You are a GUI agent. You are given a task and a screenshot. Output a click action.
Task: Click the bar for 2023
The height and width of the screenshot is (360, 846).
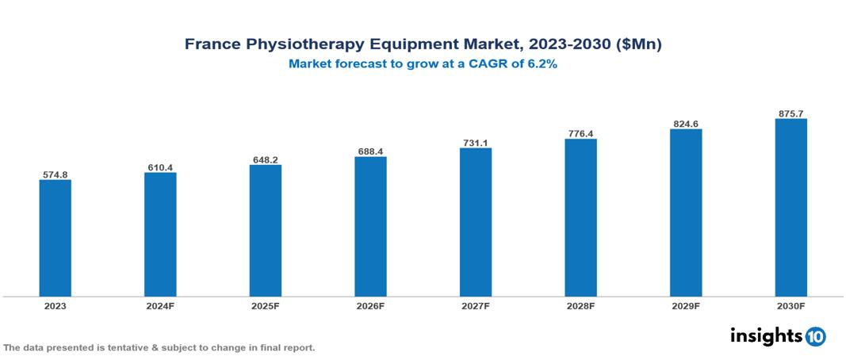point(55,238)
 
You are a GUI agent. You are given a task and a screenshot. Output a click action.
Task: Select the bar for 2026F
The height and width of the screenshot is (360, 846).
point(370,226)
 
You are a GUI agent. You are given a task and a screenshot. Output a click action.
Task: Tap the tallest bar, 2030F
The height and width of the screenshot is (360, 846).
point(790,208)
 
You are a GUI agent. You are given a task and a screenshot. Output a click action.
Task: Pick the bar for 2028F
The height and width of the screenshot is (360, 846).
point(580,218)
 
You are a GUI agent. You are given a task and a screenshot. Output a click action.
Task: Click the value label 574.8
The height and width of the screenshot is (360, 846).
point(55,174)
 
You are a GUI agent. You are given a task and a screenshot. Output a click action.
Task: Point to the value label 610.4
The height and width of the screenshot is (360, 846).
point(160,167)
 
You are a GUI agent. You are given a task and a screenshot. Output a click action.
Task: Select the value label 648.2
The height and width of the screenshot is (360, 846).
point(265,159)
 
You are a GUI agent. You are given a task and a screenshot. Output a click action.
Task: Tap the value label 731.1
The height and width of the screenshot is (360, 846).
point(475,143)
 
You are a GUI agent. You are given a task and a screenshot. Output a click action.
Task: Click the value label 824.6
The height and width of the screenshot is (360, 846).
point(685,124)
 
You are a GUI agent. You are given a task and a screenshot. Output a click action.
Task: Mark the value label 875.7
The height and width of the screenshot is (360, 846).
point(790,113)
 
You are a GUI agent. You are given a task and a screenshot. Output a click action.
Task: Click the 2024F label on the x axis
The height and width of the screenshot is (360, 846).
point(160,305)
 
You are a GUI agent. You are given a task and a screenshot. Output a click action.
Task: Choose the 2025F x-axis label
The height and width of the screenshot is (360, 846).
point(265,305)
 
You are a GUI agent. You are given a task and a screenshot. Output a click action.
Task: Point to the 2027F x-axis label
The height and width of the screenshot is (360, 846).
point(475,305)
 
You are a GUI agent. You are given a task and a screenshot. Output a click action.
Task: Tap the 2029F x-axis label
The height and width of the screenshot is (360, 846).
point(685,305)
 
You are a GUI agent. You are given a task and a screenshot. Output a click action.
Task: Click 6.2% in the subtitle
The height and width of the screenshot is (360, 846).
point(542,64)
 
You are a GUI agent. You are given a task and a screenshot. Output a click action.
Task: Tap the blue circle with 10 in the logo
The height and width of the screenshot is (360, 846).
point(815,337)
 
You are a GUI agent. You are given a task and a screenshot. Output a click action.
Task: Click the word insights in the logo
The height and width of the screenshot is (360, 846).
point(766,336)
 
